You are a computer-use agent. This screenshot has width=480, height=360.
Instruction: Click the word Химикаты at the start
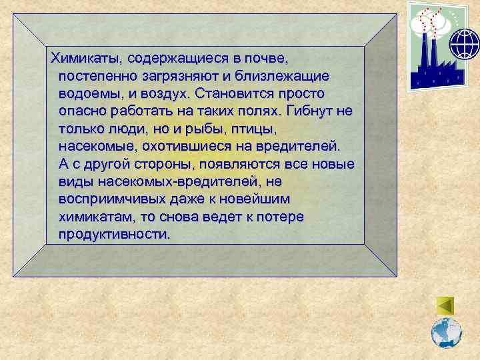tap(84, 57)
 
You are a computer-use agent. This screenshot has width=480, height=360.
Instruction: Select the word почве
tap(266, 57)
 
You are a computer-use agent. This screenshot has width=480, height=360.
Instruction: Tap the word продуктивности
tap(114, 235)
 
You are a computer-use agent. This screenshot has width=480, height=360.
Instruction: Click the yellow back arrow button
tap(445, 305)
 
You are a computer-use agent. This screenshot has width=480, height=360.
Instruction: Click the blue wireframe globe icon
tap(464, 44)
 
